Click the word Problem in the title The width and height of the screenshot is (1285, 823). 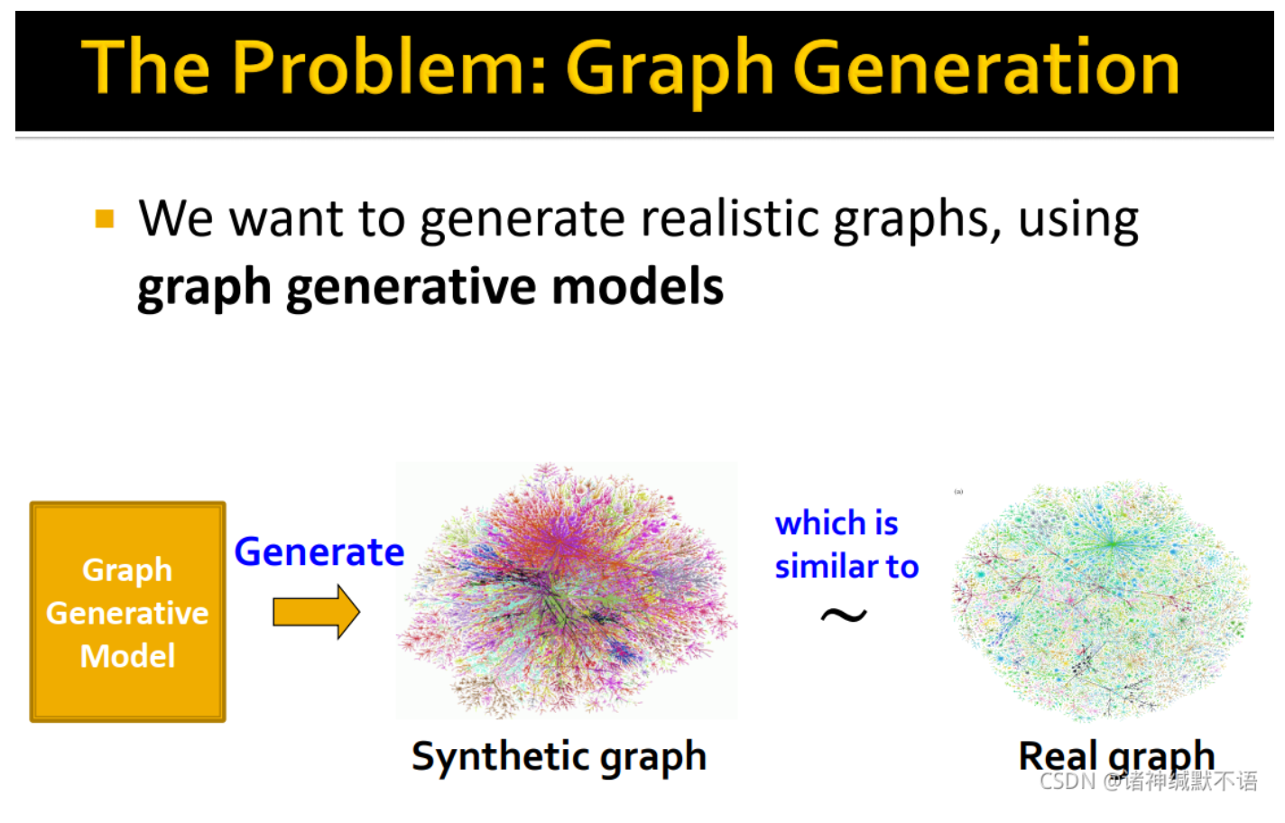tap(389, 68)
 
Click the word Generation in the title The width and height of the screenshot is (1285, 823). tap(986, 68)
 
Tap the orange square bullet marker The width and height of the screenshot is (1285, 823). tap(105, 219)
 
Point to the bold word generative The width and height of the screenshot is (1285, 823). tap(411, 288)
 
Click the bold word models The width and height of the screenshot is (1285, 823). tap(637, 288)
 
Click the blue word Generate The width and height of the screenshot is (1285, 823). tap(319, 551)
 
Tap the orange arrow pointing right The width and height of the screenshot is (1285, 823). tap(316, 612)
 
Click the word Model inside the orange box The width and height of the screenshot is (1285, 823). tap(127, 656)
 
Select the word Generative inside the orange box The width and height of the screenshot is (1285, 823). tap(127, 614)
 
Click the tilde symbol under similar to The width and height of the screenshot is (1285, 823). tap(844, 616)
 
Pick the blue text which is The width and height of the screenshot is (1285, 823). tap(837, 523)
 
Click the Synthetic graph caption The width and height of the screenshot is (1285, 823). tap(559, 757)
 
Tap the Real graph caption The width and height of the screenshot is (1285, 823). tap(1115, 755)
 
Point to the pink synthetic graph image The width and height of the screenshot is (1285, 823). tap(567, 591)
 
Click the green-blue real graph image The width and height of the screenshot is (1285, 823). tap(1102, 599)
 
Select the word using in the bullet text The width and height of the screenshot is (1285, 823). tap(1078, 219)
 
